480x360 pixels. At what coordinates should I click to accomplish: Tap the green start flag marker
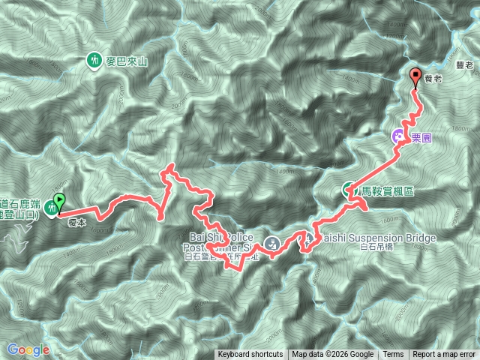tap(59, 201)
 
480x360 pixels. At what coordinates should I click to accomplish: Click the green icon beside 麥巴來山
tap(94, 60)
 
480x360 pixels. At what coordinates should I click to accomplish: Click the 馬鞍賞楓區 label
tap(388, 191)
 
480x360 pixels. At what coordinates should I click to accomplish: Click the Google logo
tap(28, 349)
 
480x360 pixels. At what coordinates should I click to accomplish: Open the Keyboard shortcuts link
tap(250, 355)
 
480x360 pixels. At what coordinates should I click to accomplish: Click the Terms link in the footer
tap(393, 355)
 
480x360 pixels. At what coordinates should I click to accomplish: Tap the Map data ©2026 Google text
tap(333, 355)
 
